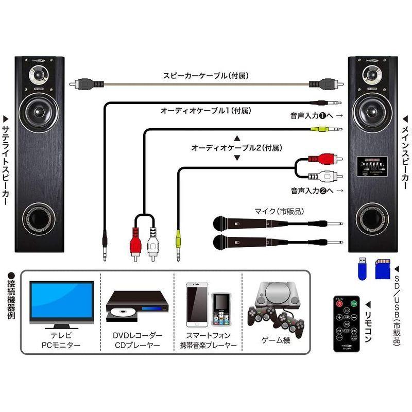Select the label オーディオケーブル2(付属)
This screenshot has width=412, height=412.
(236, 148)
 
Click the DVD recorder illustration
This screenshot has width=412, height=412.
(138, 307)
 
